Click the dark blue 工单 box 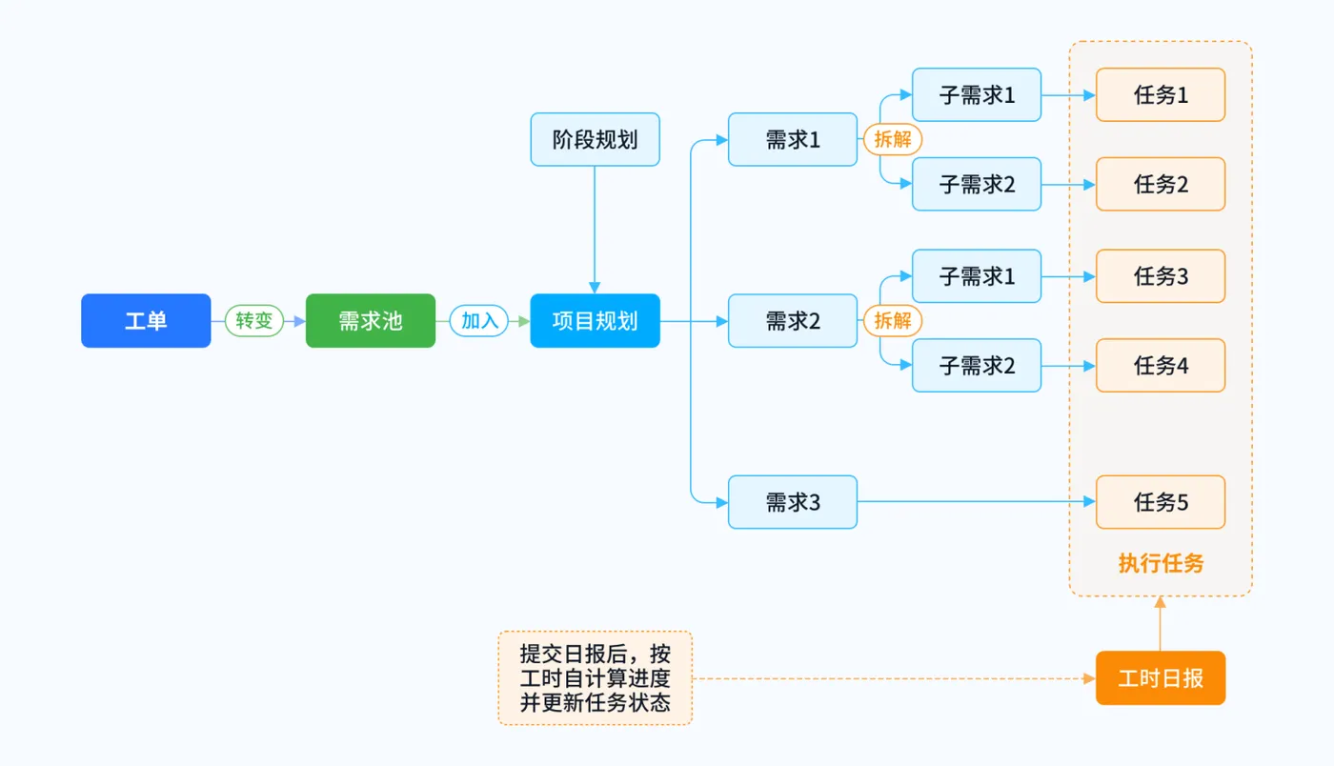coord(146,321)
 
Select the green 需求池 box coord(371,321)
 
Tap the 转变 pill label coord(254,321)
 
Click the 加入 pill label coord(479,321)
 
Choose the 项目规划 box coord(595,321)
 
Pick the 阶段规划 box coord(595,140)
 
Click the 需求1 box coord(793,140)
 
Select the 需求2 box coord(793,321)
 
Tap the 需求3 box coord(793,502)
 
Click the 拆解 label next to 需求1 coord(893,140)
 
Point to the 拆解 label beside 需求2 coord(893,321)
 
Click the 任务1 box coord(1160,95)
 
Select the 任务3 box coord(1160,276)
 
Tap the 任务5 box coord(1160,502)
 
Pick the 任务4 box coord(1160,366)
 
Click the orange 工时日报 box coord(1160,678)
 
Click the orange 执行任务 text coord(1160,563)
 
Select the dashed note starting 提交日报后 coord(595,678)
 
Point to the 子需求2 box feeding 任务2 coord(977,185)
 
